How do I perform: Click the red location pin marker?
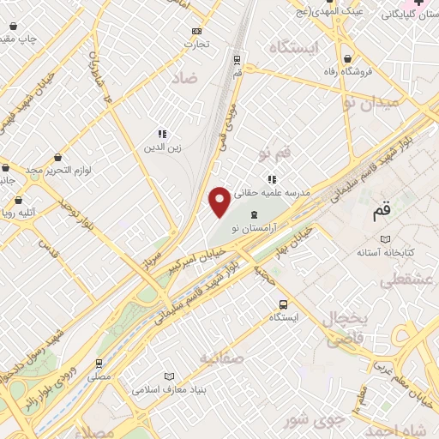(x=219, y=201)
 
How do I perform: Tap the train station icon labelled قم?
(x=237, y=60)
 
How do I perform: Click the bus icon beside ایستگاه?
(x=283, y=304)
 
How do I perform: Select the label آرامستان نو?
(x=253, y=227)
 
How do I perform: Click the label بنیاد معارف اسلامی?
(x=169, y=389)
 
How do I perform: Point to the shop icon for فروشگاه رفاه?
(x=346, y=59)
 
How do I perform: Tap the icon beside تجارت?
(x=196, y=32)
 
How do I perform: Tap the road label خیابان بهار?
(x=292, y=243)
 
